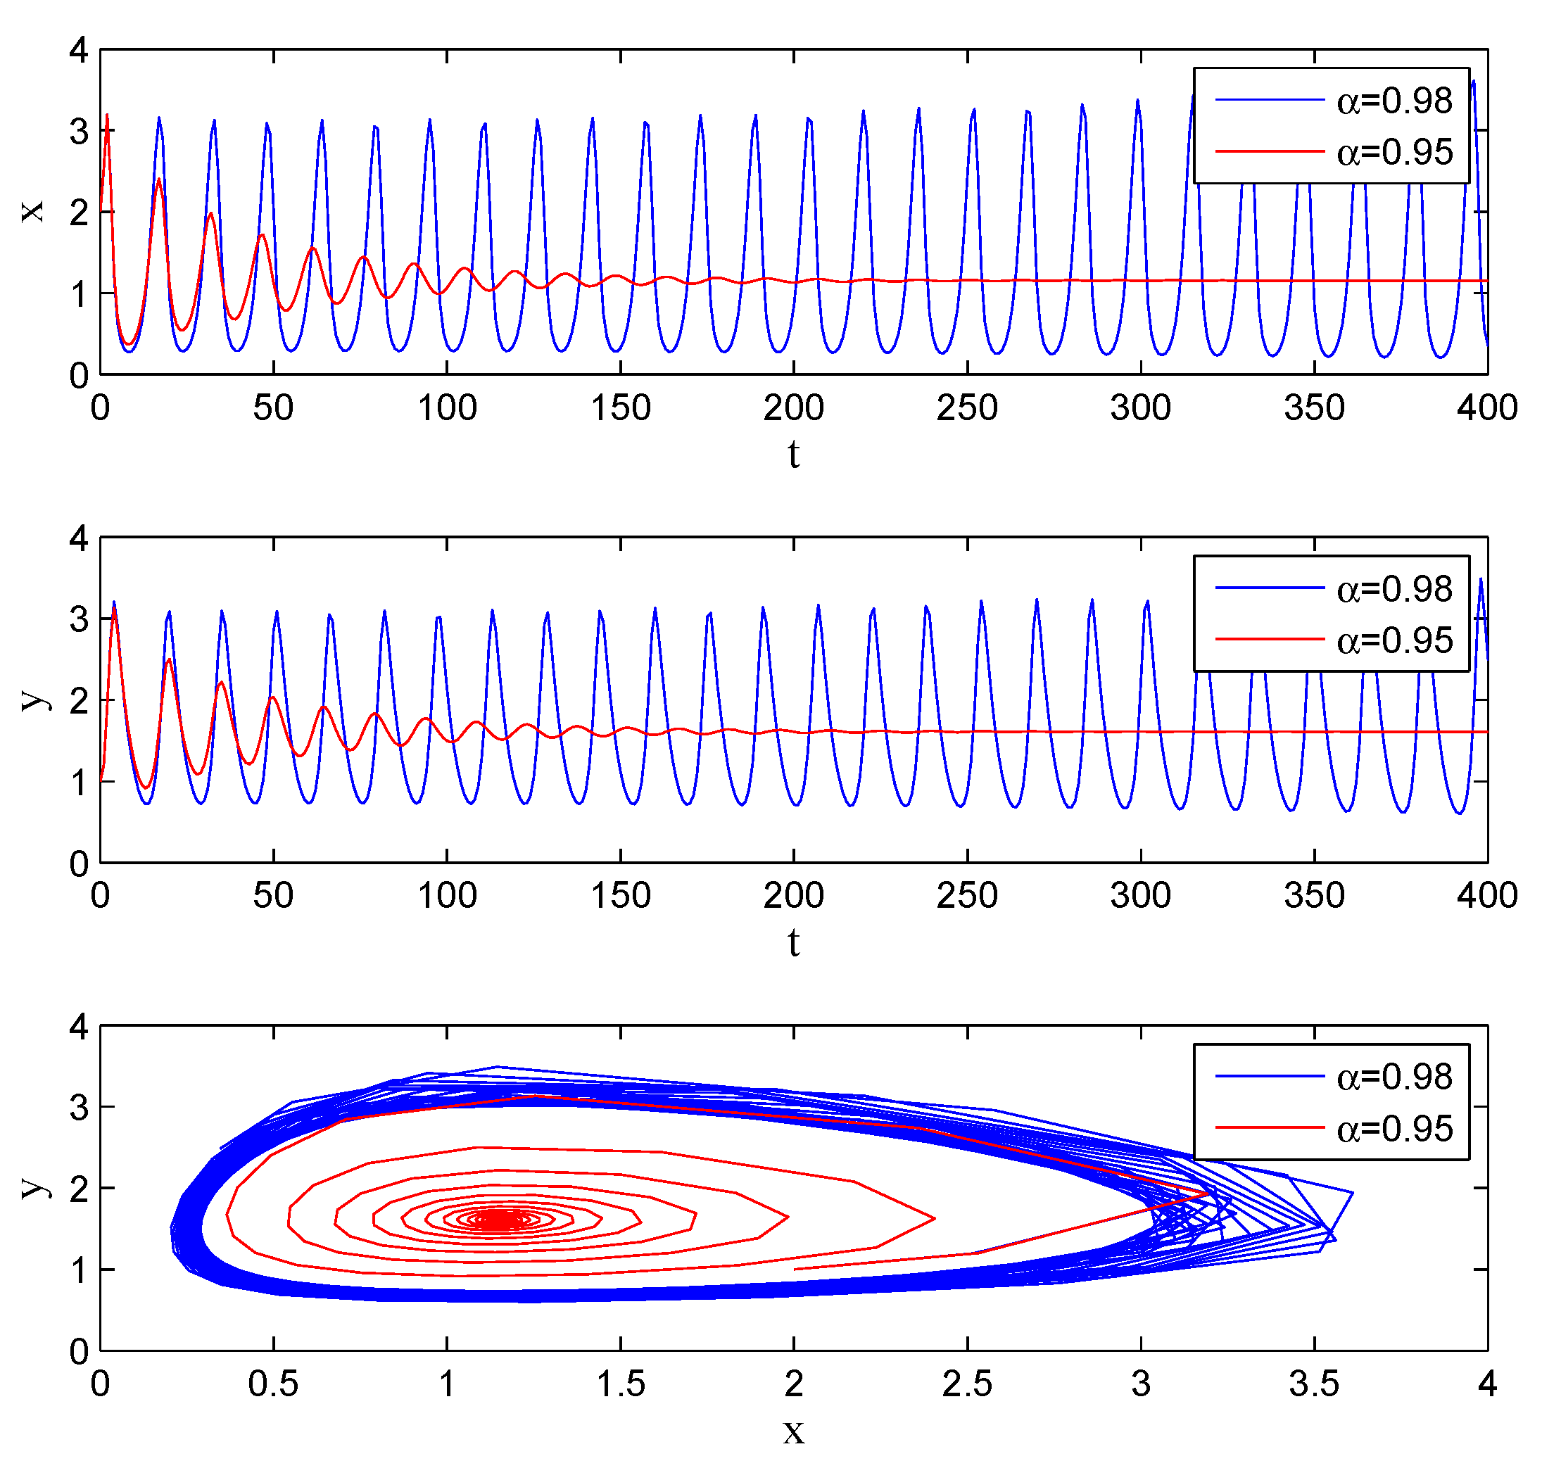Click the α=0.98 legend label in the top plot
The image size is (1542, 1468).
click(1394, 101)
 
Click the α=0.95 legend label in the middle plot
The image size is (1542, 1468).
click(1394, 640)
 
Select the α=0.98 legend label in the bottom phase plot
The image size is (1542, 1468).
click(1394, 1077)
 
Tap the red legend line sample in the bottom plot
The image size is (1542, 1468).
click(1269, 1127)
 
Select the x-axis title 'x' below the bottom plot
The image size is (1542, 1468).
click(793, 1431)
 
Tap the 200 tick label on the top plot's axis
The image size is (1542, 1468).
click(793, 407)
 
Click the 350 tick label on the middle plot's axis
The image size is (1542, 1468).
click(1313, 895)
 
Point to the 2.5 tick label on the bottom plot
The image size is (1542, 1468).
click(967, 1384)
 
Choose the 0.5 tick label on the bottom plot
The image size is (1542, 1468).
click(273, 1384)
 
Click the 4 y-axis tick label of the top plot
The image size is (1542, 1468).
click(78, 51)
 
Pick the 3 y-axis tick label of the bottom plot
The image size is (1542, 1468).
click(78, 1107)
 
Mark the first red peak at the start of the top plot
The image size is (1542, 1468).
click(107, 116)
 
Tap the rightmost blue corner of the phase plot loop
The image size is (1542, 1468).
click(1352, 1193)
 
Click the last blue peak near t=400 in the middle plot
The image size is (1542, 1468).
click(1480, 579)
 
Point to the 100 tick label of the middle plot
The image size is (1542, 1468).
click(447, 895)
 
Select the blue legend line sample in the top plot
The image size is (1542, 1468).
click(1269, 100)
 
